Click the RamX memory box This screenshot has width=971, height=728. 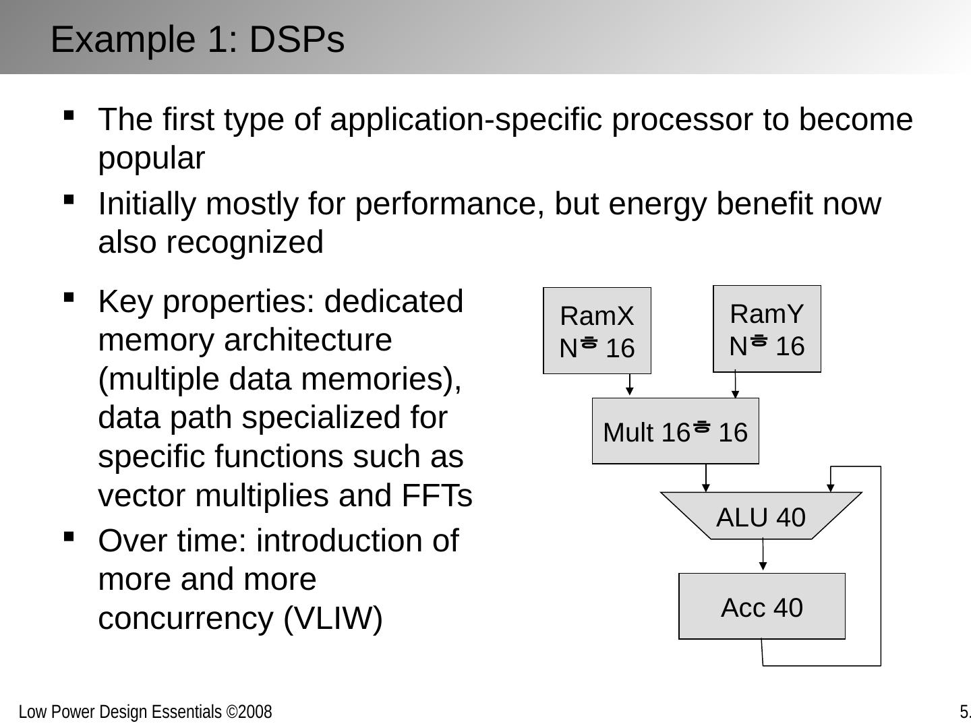coord(597,330)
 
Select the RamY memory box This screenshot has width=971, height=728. coord(767,328)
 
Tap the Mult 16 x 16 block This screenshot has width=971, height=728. coord(675,431)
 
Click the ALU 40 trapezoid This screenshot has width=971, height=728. coord(761,516)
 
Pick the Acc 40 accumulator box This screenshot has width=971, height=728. coord(761,606)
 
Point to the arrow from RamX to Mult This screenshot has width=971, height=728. coord(629,385)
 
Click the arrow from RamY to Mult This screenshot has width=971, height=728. coord(735,385)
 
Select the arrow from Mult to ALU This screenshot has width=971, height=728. coord(706,478)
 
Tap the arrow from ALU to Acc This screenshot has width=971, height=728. coord(763,556)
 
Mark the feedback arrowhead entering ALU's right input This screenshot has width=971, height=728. coord(831,486)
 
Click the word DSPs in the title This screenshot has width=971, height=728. coord(297,39)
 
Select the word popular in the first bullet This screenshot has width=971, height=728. coord(152,158)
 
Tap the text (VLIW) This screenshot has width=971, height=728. coord(333,618)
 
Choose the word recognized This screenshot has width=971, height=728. coord(245,243)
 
